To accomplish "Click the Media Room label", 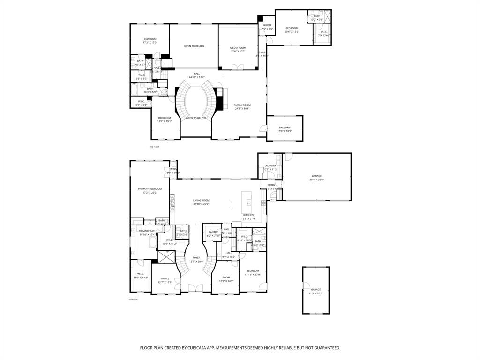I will [x=238, y=48].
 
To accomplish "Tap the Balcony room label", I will [x=285, y=127].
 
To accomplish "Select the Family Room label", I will [x=242, y=105].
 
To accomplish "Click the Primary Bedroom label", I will [x=150, y=188].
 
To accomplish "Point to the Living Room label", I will [x=201, y=200].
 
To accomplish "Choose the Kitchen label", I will [x=248, y=215].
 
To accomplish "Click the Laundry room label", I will [x=270, y=165].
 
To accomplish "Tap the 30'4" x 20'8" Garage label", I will [x=316, y=176].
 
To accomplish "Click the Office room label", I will [x=165, y=278].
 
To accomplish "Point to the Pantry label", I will [x=213, y=232].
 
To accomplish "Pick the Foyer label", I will [x=196, y=258].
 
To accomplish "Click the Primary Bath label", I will [x=147, y=231].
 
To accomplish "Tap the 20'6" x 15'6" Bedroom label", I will [x=292, y=28].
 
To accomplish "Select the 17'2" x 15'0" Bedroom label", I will [x=150, y=39].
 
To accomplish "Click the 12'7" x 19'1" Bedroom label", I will [x=165, y=118].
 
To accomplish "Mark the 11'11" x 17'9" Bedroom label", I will [x=253, y=270].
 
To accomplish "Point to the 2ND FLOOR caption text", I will [x=155, y=147].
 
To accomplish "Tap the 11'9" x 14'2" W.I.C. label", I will [x=140, y=274].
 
